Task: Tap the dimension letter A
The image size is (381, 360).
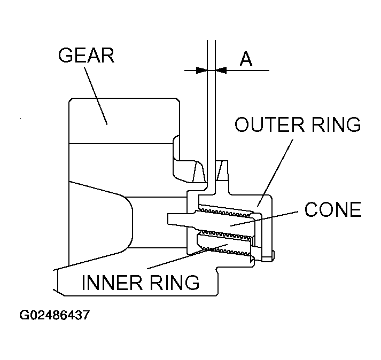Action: click(246, 59)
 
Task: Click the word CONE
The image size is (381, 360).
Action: click(332, 209)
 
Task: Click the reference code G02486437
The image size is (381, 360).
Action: click(54, 315)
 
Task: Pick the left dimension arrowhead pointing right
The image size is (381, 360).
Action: click(201, 69)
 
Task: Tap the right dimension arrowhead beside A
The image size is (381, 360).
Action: click(220, 69)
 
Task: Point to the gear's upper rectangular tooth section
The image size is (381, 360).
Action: click(123, 120)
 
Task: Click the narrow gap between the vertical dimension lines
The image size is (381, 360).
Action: click(211, 107)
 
